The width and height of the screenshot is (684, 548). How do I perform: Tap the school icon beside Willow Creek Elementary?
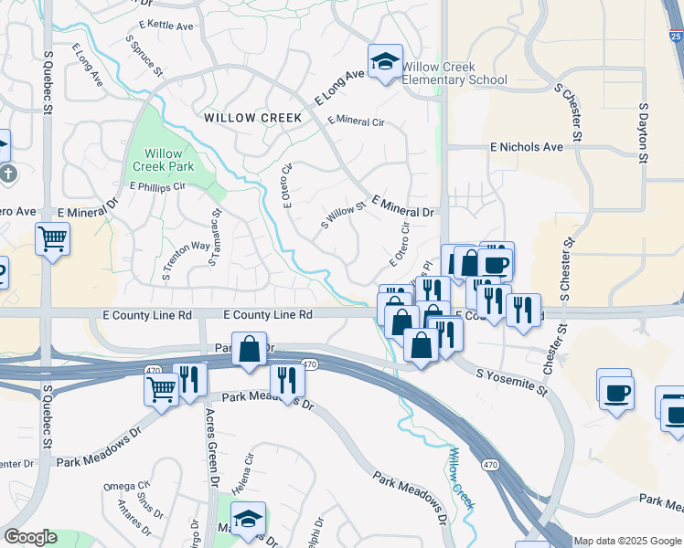[x=385, y=62]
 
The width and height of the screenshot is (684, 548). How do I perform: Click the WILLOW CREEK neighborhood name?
[x=240, y=118]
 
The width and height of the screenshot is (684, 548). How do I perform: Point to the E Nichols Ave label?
[x=527, y=146]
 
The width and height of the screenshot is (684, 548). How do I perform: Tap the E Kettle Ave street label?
[x=166, y=26]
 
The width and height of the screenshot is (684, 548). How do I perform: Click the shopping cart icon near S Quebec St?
[x=52, y=240]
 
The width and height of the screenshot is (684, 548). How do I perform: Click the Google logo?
[x=31, y=537]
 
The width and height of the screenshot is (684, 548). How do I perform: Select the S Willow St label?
[x=343, y=216]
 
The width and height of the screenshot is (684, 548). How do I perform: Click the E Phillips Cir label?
[x=157, y=186]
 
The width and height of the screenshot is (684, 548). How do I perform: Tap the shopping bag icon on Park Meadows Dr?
[x=249, y=350]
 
